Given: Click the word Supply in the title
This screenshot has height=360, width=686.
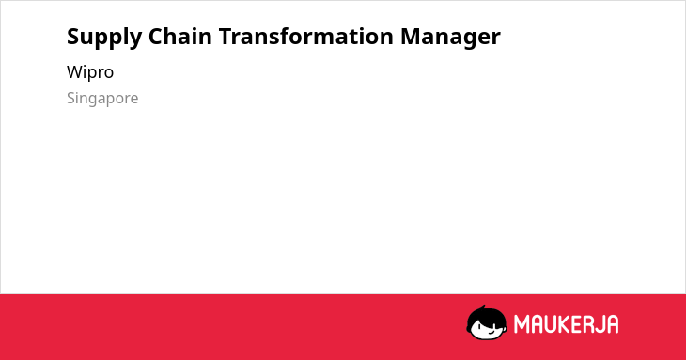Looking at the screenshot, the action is tap(104, 38).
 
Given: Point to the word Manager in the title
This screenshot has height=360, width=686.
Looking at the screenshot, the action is tap(450, 38).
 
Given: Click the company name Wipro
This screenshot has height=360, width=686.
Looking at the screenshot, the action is tap(90, 71).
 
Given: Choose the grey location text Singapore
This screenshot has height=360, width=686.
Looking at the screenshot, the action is tap(102, 98).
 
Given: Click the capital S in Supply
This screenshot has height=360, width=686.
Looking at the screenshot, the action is tap(73, 37).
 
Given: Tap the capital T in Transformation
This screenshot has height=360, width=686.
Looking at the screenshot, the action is tap(226, 37).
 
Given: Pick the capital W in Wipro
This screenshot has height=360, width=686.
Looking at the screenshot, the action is tap(75, 71).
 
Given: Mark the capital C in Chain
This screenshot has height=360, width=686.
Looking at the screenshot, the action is tap(156, 37).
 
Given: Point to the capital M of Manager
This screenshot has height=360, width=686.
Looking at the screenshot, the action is tap(411, 37).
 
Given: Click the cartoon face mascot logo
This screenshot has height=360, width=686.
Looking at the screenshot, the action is tap(487, 322).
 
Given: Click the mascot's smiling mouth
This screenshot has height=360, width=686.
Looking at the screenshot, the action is tap(490, 333).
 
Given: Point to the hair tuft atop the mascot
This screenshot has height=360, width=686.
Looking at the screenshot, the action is tap(483, 307).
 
